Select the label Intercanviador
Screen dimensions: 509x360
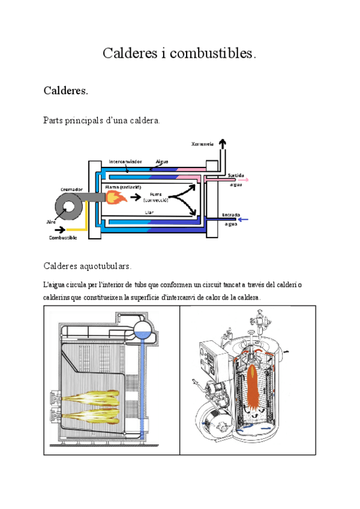tap(125, 161)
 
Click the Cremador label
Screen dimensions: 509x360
tap(71, 188)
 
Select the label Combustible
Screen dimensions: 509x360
tap(64, 238)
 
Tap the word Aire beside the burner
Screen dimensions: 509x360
tap(51, 221)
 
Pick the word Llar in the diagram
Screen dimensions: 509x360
tap(149, 212)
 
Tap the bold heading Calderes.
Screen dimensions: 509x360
tap(66, 91)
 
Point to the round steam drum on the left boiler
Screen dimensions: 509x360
tap(142, 328)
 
